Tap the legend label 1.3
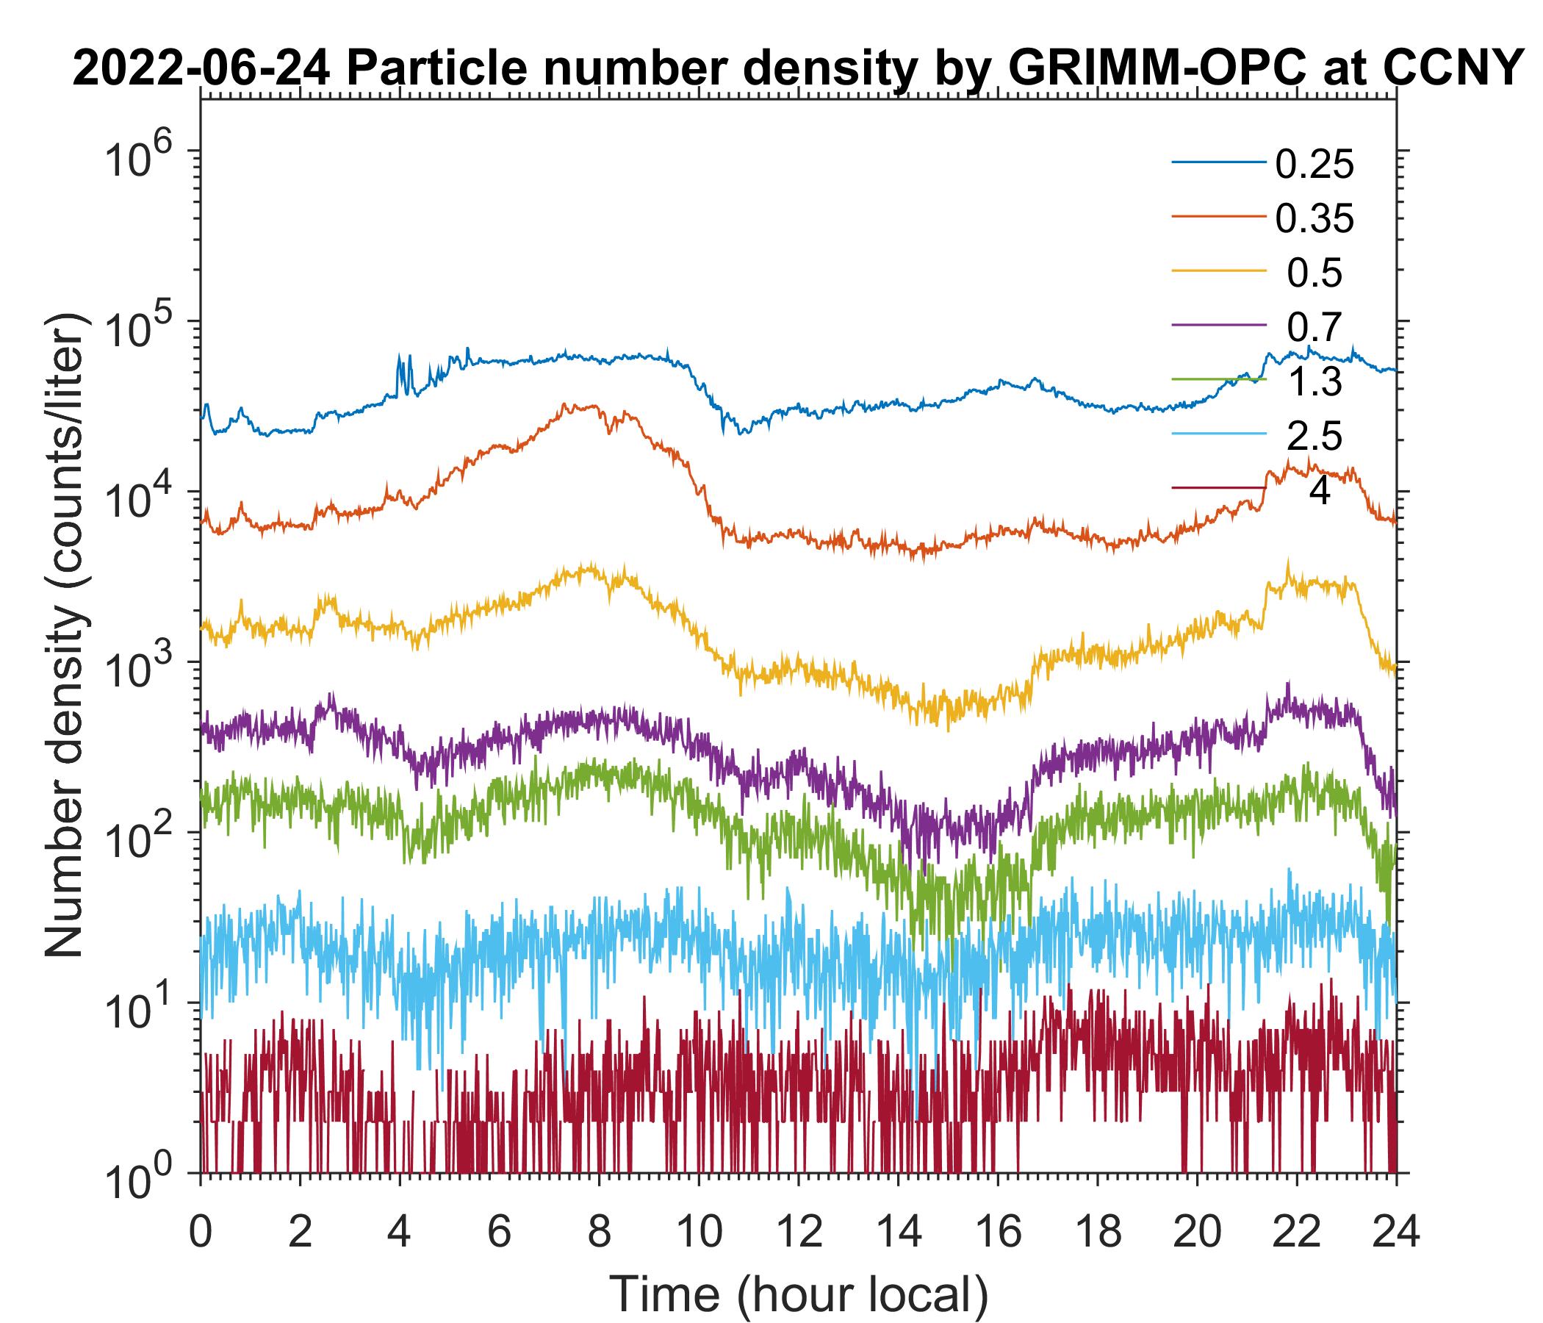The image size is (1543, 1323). pyautogui.click(x=1314, y=381)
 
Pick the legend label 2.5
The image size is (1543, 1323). pyautogui.click(x=1314, y=436)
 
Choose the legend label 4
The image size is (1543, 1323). pyautogui.click(x=1319, y=491)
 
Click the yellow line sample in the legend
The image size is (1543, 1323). pyautogui.click(x=1218, y=271)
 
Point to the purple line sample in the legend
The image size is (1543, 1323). pyautogui.click(x=1218, y=326)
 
